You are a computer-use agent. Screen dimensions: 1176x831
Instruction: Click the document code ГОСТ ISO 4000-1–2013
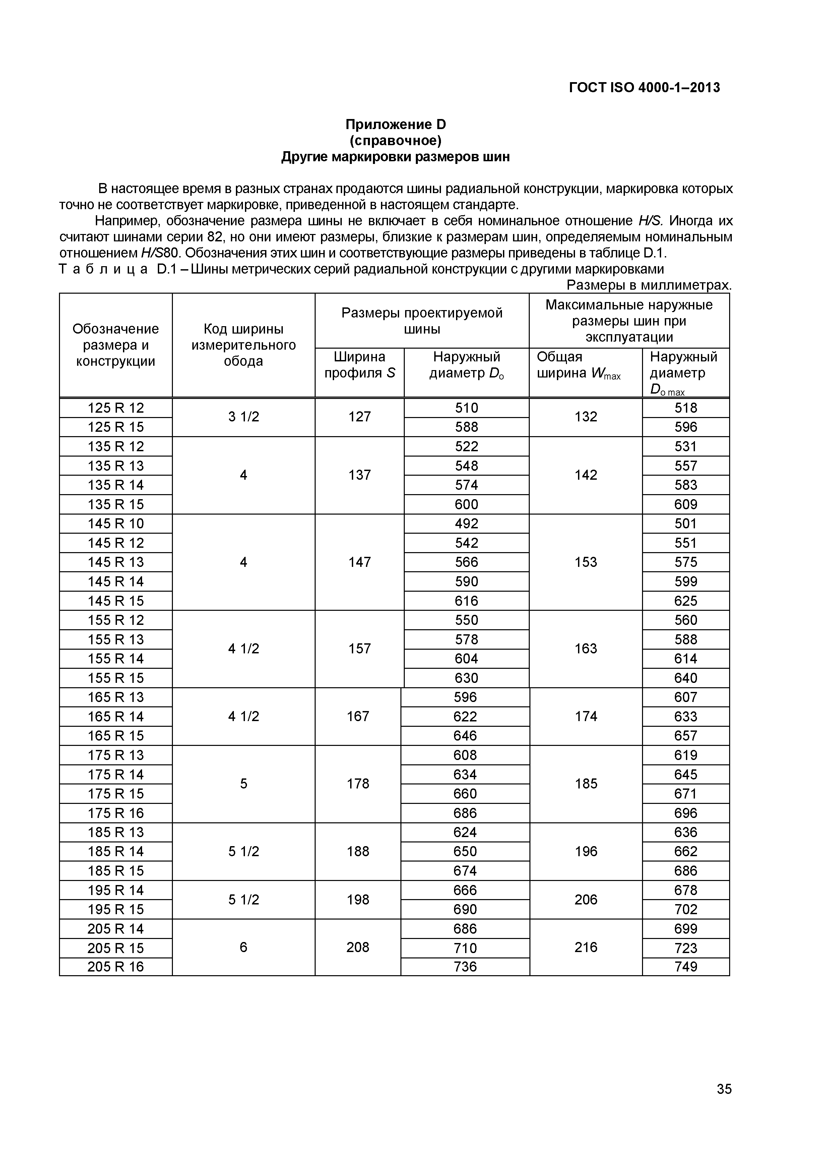coord(644,87)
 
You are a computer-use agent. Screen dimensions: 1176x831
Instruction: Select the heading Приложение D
coord(395,124)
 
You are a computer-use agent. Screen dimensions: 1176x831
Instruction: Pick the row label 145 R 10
coord(116,523)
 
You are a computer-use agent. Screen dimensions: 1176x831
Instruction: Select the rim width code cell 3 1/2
coord(244,417)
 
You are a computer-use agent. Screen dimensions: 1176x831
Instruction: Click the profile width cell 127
coord(360,417)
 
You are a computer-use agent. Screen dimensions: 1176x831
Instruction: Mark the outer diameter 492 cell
coord(466,523)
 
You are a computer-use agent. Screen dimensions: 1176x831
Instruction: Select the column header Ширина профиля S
coord(360,365)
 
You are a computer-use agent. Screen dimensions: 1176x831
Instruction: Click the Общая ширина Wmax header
coord(579,365)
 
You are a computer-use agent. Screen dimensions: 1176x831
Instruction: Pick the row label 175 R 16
coord(116,813)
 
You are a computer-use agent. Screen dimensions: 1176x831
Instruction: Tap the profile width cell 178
coord(358,784)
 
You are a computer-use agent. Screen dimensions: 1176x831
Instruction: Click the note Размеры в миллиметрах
coord(649,285)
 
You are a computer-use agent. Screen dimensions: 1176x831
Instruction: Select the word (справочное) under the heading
coord(395,140)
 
